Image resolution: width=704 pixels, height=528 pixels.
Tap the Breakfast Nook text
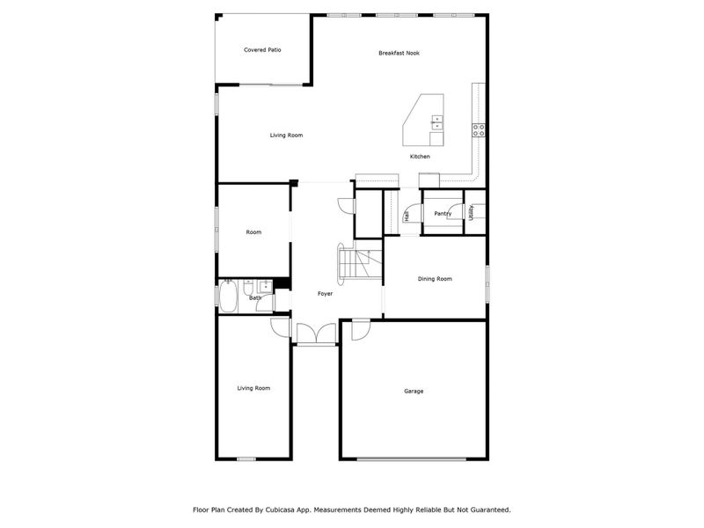tap(399, 53)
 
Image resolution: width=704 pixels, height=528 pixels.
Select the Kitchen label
tap(420, 157)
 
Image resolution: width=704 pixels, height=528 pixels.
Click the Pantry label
tap(443, 213)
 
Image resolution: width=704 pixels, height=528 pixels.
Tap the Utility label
tap(472, 212)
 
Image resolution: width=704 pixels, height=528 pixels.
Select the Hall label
tap(407, 216)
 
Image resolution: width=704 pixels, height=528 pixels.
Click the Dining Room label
tap(435, 279)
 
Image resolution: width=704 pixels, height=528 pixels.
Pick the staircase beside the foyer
tap(357, 262)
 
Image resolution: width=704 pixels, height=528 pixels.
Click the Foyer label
tap(325, 293)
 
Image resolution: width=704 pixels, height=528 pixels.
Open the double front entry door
tap(316, 334)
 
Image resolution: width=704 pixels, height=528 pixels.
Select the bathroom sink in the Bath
tap(265, 286)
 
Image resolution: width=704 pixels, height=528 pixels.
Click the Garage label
tap(414, 391)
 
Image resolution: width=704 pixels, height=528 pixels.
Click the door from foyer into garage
tap(361, 330)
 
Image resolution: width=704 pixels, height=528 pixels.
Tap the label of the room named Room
tap(253, 232)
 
